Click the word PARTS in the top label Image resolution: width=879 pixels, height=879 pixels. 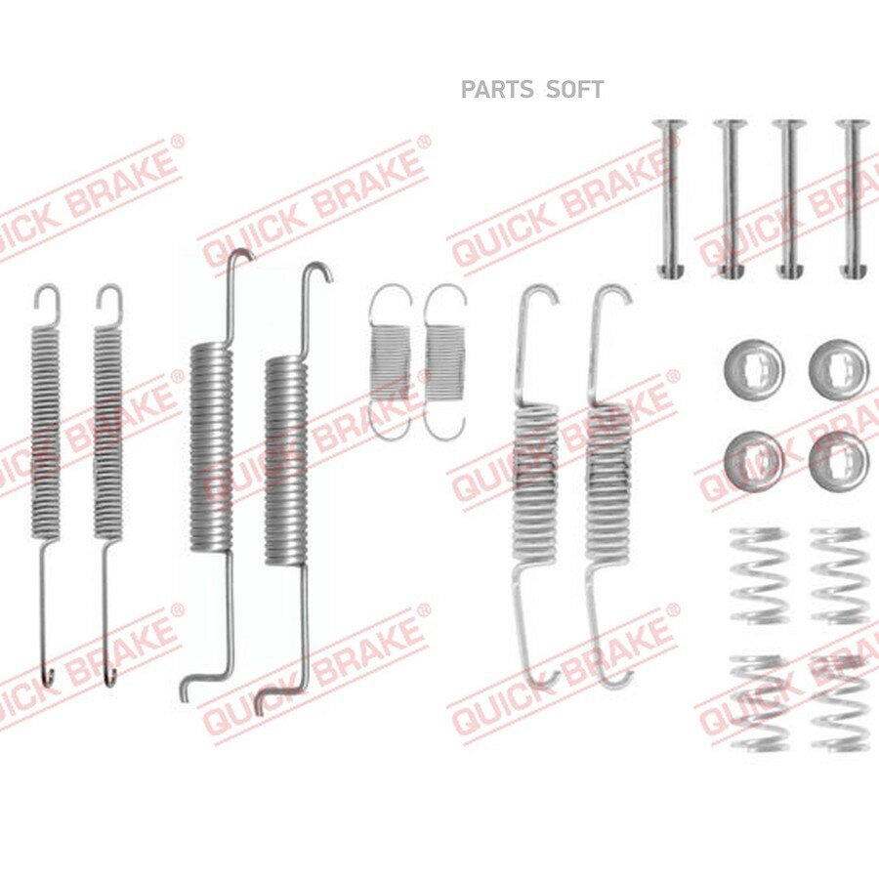[x=497, y=90]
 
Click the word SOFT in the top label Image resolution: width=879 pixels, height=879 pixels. [x=574, y=90]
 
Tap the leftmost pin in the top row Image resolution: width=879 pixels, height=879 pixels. [x=670, y=199]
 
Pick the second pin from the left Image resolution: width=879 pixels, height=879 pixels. [x=730, y=199]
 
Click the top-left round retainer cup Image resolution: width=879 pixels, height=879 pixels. [x=754, y=368]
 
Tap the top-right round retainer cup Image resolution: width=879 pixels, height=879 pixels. [x=838, y=368]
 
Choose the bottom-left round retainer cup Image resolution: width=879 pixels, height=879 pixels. [x=754, y=461]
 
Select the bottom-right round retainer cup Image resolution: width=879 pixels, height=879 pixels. [x=839, y=461]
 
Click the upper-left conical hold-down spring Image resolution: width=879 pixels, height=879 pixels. [x=758, y=575]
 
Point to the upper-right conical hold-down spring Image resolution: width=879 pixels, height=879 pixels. [x=839, y=575]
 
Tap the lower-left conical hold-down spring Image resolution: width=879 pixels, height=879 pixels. [x=758, y=702]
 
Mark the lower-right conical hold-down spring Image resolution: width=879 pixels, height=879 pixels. [x=839, y=702]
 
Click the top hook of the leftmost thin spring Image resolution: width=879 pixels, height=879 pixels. [x=47, y=304]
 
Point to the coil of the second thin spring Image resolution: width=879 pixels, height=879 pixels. [x=107, y=435]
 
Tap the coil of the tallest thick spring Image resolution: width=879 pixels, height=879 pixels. [x=211, y=447]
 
